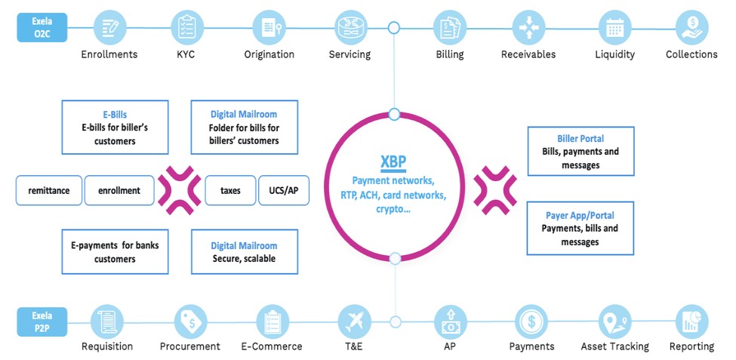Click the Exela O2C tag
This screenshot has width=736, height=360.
tap(42, 28)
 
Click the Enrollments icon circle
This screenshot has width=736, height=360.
tap(109, 28)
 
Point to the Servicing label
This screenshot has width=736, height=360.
tap(350, 54)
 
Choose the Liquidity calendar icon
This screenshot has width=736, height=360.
tap(614, 28)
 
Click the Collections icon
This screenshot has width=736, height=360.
tap(691, 28)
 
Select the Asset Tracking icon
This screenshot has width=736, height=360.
tap(614, 321)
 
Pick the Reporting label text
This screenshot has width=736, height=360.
tap(691, 346)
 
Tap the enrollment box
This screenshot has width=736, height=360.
tap(119, 191)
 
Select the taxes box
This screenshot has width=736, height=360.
tap(230, 191)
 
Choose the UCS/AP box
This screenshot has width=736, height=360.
tap(283, 191)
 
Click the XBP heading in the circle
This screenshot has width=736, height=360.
tap(394, 163)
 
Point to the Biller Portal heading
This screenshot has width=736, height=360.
tap(580, 139)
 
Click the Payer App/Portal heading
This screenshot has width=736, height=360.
tap(580, 216)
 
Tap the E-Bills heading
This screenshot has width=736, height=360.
tap(115, 115)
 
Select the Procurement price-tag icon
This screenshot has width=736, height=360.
tap(189, 321)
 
